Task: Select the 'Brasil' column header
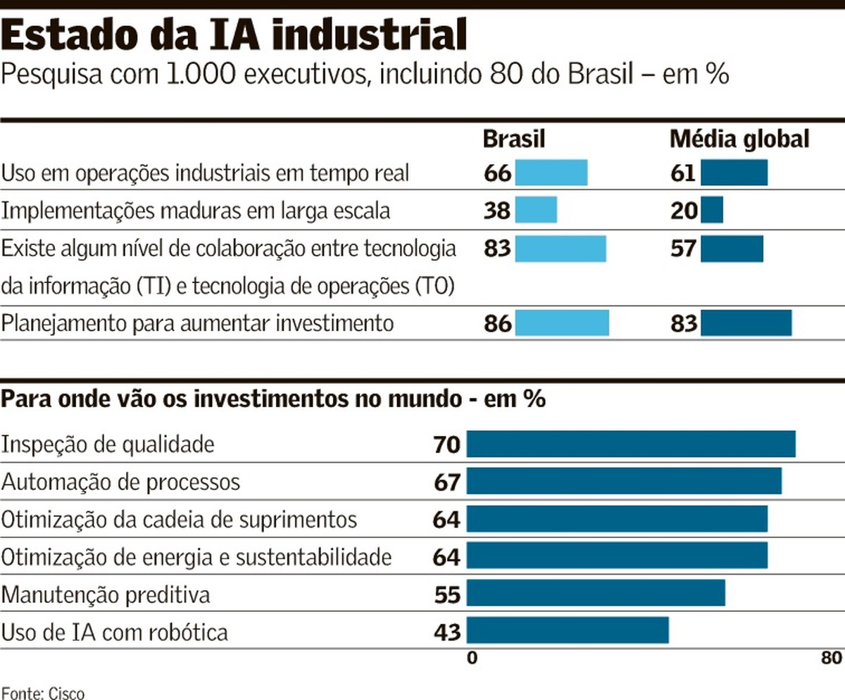[514, 139]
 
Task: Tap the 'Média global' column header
[739, 139]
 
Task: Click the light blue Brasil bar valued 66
[551, 173]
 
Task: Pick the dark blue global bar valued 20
[712, 211]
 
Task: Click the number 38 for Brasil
[497, 211]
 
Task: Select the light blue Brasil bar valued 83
[561, 249]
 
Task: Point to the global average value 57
[683, 249]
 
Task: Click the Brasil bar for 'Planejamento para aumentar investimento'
[562, 323]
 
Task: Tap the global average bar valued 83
[746, 323]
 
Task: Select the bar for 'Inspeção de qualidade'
[631, 444]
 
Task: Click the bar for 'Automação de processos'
[624, 482]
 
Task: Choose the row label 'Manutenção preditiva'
[106, 595]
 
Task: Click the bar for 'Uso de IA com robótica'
[568, 630]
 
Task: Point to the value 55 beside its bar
[447, 595]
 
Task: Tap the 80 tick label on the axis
[831, 659]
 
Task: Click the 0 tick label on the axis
[472, 659]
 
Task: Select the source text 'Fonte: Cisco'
[42, 692]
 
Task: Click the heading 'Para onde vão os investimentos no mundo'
[273, 399]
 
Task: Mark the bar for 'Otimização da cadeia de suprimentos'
[617, 519]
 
